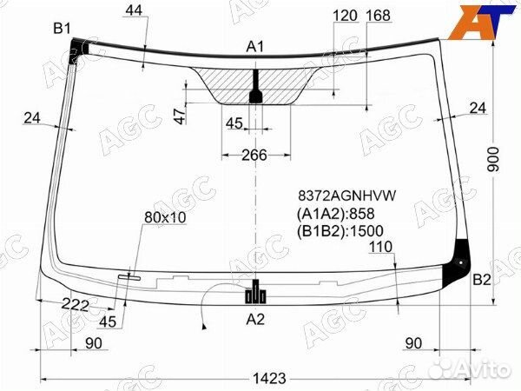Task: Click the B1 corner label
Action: (63, 29)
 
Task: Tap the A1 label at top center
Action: (254, 47)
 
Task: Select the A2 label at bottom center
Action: (255, 320)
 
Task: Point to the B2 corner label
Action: (482, 281)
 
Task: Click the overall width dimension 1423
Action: (269, 378)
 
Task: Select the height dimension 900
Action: (493, 159)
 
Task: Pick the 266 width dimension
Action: (254, 155)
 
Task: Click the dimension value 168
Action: (378, 16)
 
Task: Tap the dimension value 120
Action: (345, 16)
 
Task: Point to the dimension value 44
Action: (134, 10)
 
